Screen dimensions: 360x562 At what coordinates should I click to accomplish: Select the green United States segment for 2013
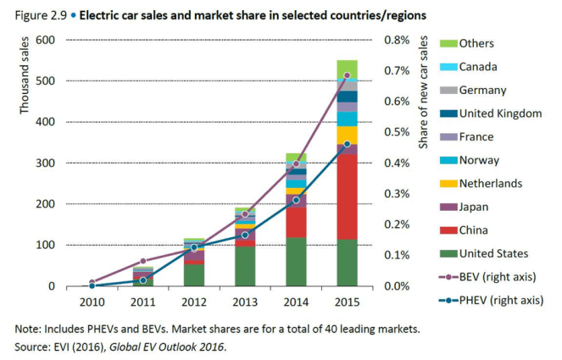pyautogui.click(x=245, y=266)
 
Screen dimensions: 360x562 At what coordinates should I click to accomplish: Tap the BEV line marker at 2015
pyautogui.click(x=347, y=76)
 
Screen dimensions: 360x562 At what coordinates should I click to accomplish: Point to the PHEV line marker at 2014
pyautogui.click(x=296, y=200)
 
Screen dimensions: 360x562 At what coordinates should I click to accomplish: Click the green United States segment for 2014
pyautogui.click(x=296, y=262)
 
